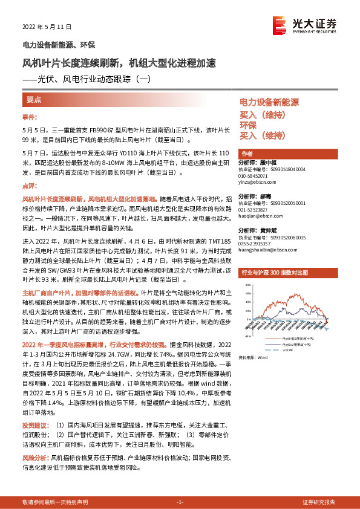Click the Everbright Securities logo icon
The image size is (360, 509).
pyautogui.click(x=280, y=25)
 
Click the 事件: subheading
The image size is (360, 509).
pyautogui.click(x=30, y=117)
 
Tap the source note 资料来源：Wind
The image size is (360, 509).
pyautogui.click(x=254, y=358)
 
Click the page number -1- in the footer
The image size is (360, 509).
pyautogui.click(x=179, y=502)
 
